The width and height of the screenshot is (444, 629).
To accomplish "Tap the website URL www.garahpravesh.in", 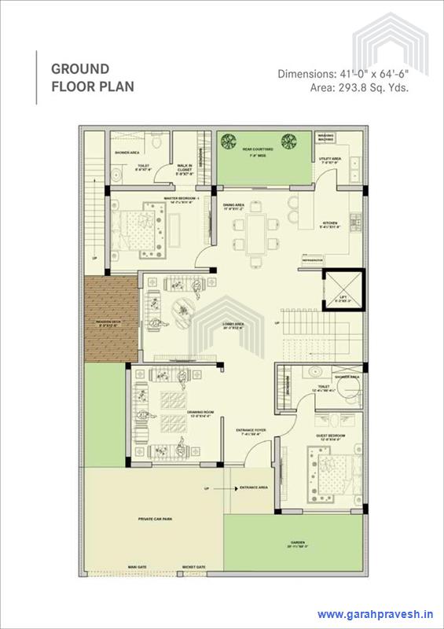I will pos(376,615).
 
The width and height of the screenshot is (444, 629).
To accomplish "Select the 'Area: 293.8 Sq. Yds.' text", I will pos(358,87).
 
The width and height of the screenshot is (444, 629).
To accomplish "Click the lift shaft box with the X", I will pos(343,289).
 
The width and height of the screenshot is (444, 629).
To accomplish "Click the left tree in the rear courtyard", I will pos(229,142).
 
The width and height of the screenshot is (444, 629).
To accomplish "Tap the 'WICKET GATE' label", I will pos(193,565).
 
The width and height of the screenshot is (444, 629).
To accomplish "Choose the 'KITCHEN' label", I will pos(328,223).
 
